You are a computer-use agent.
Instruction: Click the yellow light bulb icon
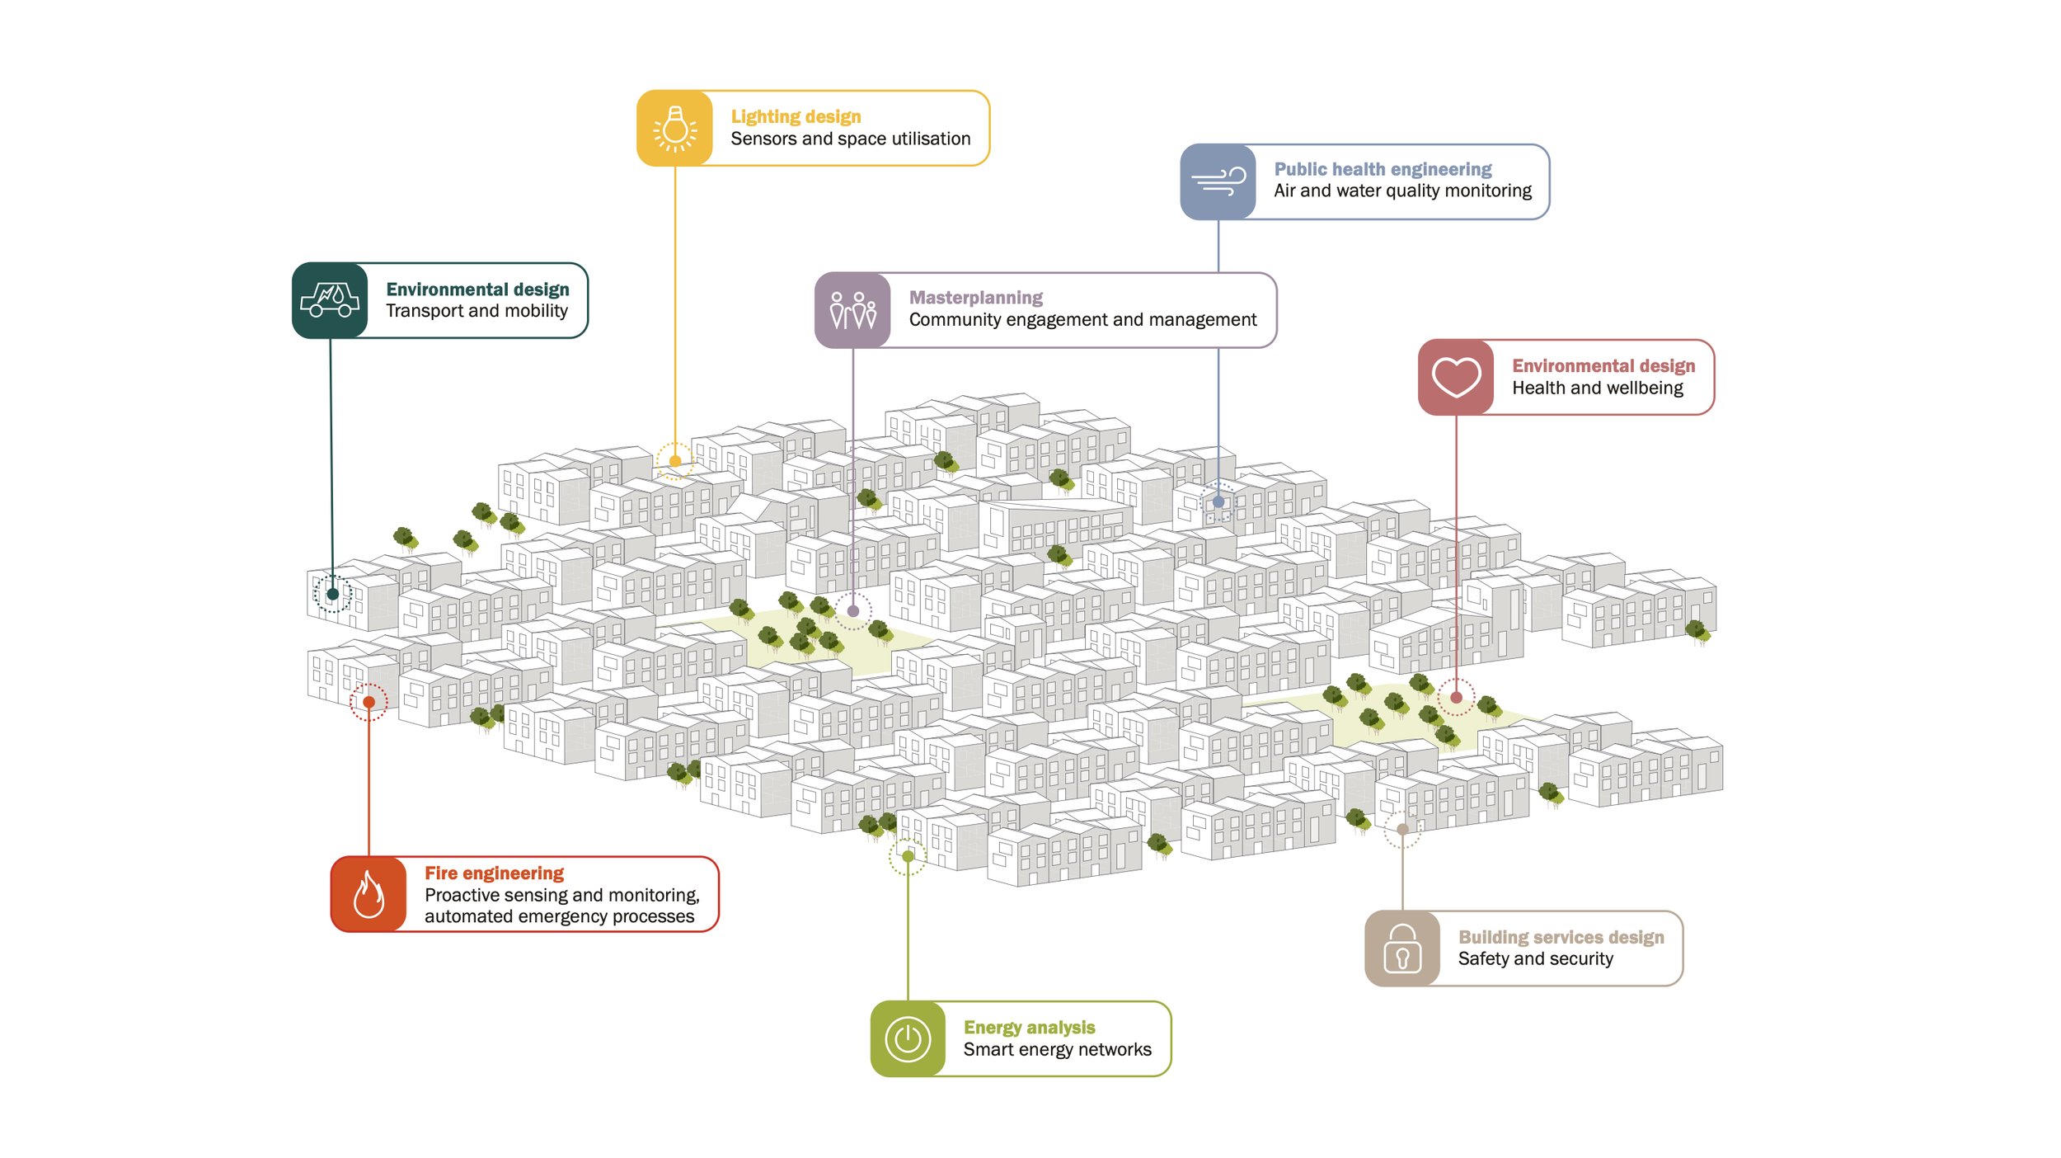tap(674, 129)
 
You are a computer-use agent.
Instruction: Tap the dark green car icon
tap(330, 300)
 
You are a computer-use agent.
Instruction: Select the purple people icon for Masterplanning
tap(852, 310)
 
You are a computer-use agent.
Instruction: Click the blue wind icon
tap(1218, 181)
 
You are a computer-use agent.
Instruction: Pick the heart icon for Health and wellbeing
tap(1455, 377)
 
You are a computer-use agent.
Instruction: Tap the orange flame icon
tap(369, 894)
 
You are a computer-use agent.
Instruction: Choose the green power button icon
tap(908, 1038)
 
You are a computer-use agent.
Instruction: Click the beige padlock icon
tap(1401, 948)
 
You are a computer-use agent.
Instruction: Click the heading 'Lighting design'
tap(796, 117)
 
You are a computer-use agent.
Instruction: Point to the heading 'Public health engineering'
tap(1383, 169)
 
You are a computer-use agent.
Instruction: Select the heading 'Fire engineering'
tap(494, 873)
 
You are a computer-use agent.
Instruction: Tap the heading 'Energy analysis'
tap(1029, 1027)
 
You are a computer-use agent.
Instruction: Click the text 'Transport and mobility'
tap(477, 311)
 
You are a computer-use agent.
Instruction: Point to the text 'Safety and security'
tap(1535, 958)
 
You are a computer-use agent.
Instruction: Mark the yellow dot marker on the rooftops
tap(675, 461)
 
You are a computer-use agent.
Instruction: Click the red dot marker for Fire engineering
tap(369, 702)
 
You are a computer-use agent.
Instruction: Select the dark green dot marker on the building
tap(332, 594)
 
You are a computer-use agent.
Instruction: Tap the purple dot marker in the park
tap(853, 611)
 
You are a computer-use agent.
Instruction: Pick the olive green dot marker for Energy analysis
tap(908, 856)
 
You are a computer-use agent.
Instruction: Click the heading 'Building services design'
tap(1561, 937)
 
